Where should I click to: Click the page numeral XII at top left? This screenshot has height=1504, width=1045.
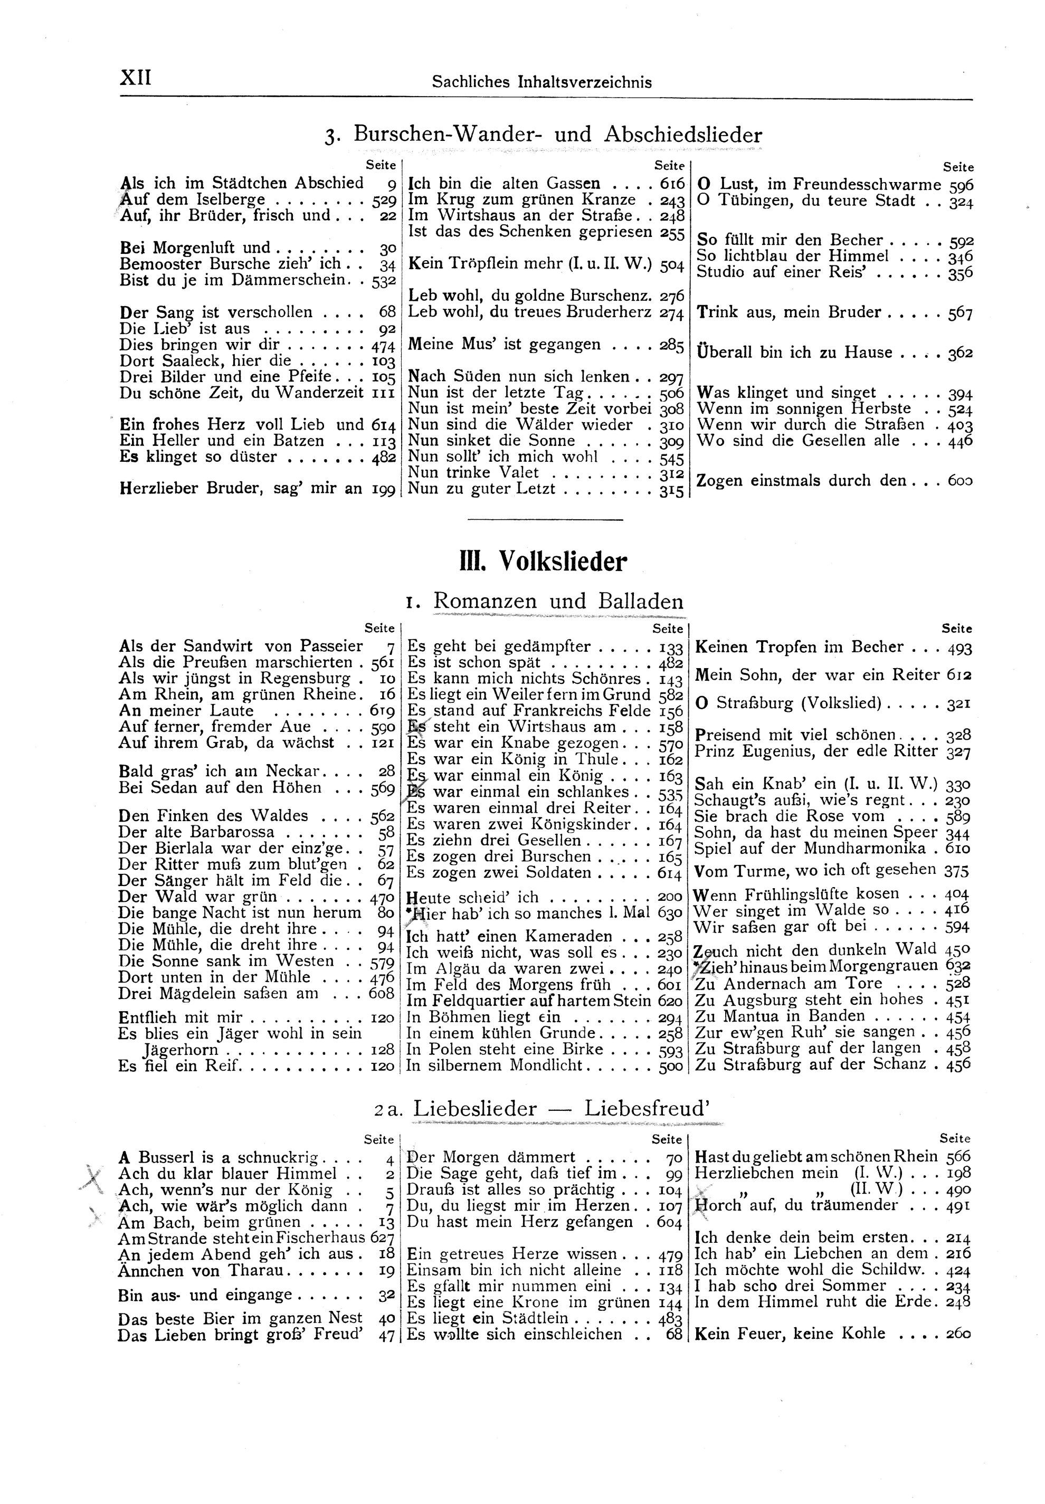(136, 78)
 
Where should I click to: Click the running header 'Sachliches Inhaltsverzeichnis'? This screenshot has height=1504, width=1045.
(541, 82)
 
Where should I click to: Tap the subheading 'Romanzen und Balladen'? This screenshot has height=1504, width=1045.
(558, 601)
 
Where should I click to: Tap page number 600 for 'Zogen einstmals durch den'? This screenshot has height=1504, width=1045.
(960, 481)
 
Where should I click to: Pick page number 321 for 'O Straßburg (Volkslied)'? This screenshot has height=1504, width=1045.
(958, 705)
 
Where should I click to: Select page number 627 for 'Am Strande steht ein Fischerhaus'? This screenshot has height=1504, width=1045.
(383, 1238)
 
